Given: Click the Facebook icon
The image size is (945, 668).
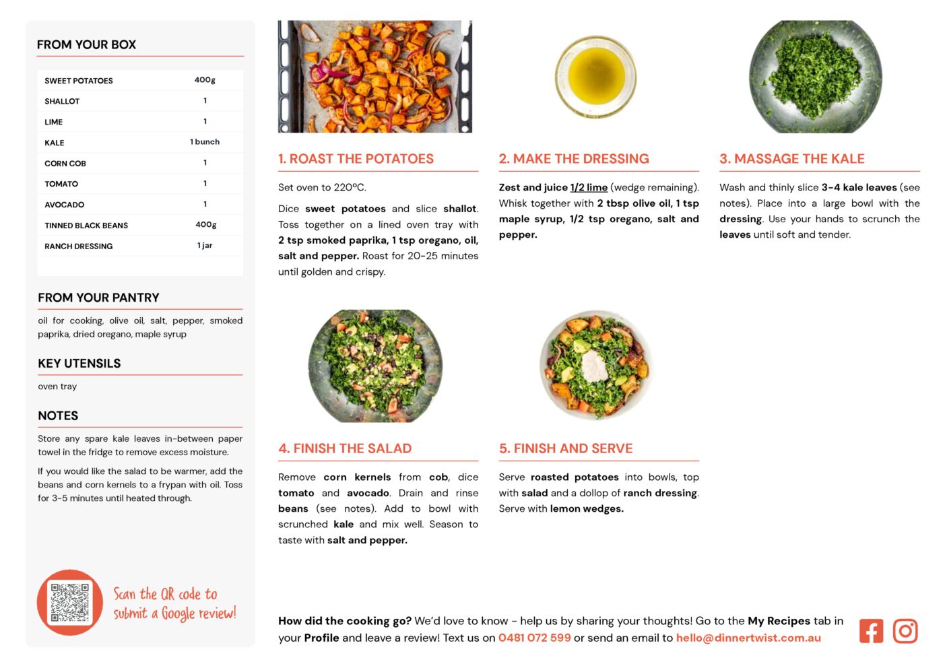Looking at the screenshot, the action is click(x=871, y=631).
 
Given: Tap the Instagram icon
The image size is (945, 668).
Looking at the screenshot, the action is click(x=905, y=631).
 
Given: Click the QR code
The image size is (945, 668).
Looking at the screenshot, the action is click(x=69, y=602).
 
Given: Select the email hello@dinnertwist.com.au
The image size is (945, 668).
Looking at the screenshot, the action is click(x=748, y=638).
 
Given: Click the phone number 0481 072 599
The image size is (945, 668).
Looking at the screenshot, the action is click(x=535, y=638).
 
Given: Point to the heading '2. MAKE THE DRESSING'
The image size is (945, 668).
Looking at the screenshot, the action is click(x=574, y=158).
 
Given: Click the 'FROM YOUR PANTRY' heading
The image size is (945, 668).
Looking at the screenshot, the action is click(x=98, y=298).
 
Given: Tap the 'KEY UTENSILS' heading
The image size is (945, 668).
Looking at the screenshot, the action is click(x=79, y=364).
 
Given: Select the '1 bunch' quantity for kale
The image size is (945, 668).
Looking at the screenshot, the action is click(x=205, y=141).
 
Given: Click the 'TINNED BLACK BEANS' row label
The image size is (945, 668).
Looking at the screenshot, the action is click(x=86, y=226).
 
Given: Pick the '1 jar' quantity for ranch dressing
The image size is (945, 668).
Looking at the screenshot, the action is click(x=205, y=245).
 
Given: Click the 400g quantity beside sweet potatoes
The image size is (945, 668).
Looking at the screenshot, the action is click(x=205, y=80).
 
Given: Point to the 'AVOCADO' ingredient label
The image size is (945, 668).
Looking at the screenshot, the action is click(x=64, y=205).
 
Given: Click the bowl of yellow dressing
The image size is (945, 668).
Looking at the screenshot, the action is click(x=595, y=77).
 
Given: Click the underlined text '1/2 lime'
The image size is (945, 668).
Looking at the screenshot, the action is click(x=589, y=188).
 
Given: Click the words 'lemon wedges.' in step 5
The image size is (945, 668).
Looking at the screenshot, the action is click(x=587, y=508).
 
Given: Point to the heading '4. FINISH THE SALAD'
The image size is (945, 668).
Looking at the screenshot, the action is click(x=345, y=448).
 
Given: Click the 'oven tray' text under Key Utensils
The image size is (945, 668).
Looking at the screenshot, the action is click(x=57, y=387).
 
